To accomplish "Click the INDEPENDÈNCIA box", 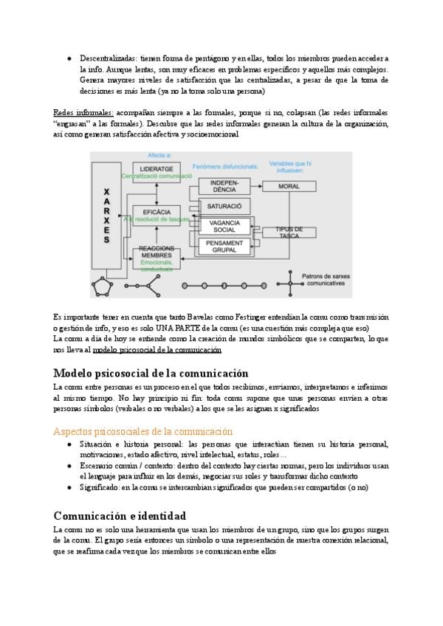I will [224, 186].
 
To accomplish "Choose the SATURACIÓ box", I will [224, 205].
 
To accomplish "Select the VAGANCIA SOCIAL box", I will [224, 226].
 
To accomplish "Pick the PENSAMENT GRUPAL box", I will [224, 247].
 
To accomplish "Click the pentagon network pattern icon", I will [103, 285].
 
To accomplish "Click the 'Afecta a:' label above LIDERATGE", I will [160, 156].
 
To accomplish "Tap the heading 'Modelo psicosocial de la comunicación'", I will [151, 373].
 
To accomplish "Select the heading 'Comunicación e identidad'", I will [120, 516].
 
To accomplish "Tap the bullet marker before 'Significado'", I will [69, 488].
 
